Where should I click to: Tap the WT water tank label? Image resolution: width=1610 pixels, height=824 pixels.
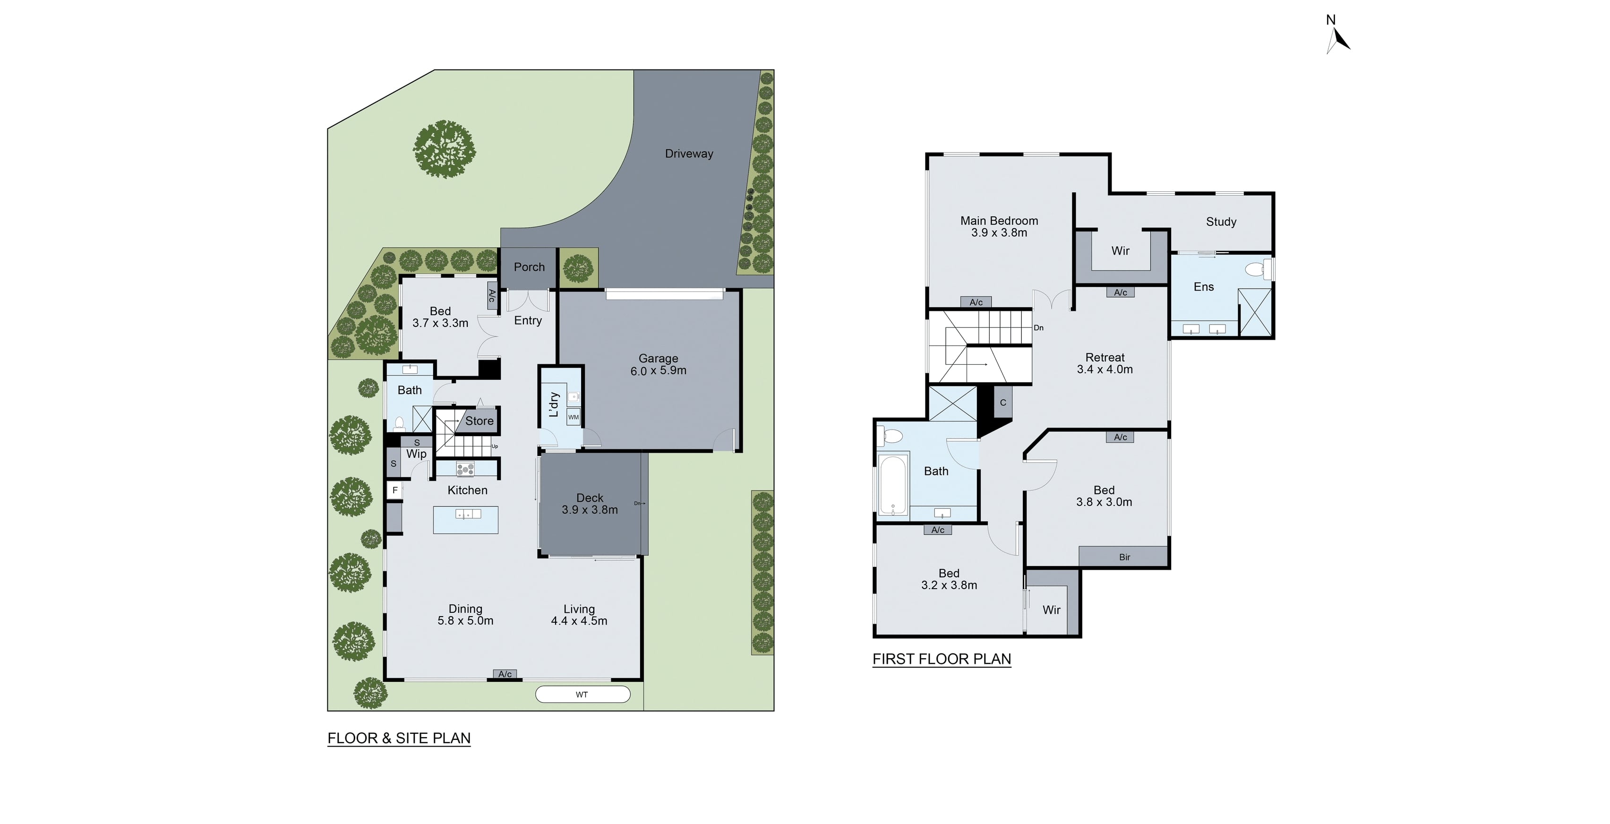coord(582,695)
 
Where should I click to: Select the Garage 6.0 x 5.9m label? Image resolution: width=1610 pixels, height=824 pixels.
coord(658,364)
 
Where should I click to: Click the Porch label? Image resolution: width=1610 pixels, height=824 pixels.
coord(529,267)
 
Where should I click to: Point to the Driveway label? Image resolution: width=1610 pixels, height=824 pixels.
coord(689,154)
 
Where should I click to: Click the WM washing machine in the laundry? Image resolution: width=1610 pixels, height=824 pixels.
coord(573,417)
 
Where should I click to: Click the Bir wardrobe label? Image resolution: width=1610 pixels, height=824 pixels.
coord(1124,557)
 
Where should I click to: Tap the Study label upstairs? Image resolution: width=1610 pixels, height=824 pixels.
coord(1221,222)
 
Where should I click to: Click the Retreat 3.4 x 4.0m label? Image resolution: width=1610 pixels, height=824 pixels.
coord(1105,363)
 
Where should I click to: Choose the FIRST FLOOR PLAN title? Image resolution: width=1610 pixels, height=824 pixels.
coord(941,660)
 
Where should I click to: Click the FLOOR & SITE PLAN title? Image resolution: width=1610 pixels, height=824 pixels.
coord(399,738)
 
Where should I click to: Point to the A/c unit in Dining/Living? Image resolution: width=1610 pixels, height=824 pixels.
coord(505,674)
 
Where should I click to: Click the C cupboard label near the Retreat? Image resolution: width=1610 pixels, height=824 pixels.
coord(1002,403)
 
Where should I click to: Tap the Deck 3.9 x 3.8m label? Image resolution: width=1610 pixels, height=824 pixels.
coord(590,504)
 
